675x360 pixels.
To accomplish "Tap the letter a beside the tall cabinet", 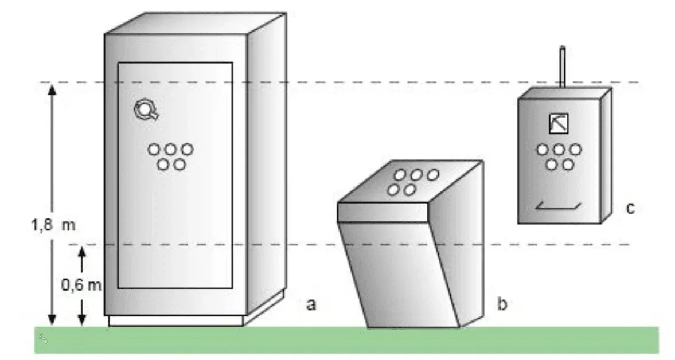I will pyautogui.click(x=311, y=304).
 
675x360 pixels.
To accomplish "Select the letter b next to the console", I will pyautogui.click(x=502, y=304).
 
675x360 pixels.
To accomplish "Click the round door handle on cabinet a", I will pyautogui.click(x=146, y=109).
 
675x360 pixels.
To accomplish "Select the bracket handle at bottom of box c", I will pyautogui.click(x=559, y=206).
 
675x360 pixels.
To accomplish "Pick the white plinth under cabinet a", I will pyautogui.click(x=175, y=320).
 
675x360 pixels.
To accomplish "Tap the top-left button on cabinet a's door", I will pyautogui.click(x=154, y=150).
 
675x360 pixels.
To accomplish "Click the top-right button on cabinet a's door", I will pyautogui.click(x=186, y=150).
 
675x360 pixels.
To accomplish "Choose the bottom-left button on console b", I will pyautogui.click(x=393, y=190).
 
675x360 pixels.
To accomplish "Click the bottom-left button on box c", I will pyautogui.click(x=551, y=165).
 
